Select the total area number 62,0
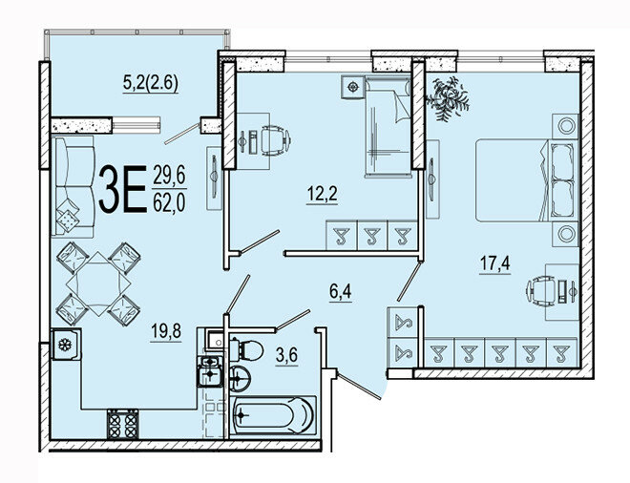(x=171, y=203)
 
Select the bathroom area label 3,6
(x=285, y=358)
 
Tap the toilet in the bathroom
(x=244, y=346)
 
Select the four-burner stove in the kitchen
(x=122, y=420)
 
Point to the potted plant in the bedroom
(x=447, y=96)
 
